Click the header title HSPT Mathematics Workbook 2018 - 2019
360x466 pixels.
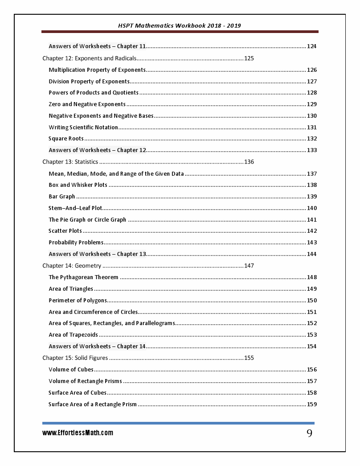[x=180, y=25]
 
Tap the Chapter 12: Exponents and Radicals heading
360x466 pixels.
[x=89, y=58]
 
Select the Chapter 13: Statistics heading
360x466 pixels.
[x=70, y=162]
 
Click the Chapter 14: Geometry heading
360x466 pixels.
[x=72, y=266]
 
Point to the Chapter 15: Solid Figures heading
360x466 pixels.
[x=75, y=358]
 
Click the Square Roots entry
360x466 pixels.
[x=66, y=139]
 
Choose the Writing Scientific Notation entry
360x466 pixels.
[x=83, y=127]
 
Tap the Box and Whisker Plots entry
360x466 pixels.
[x=78, y=185]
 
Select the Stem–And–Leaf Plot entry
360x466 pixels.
[x=75, y=208]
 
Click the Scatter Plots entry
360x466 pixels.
[x=65, y=231]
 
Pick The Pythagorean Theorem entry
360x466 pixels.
[x=83, y=277]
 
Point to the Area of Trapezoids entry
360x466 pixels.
[x=73, y=335]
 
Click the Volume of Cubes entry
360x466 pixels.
[x=71, y=369]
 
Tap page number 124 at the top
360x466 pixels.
[x=311, y=46]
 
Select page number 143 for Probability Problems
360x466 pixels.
[x=311, y=243]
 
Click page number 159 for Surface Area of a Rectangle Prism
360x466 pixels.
[x=311, y=404]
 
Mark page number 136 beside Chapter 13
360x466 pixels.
[x=249, y=162]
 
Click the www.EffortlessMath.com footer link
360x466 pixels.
[x=78, y=433]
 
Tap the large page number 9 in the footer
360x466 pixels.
[x=309, y=433]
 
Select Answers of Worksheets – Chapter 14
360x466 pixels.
[x=97, y=346]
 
